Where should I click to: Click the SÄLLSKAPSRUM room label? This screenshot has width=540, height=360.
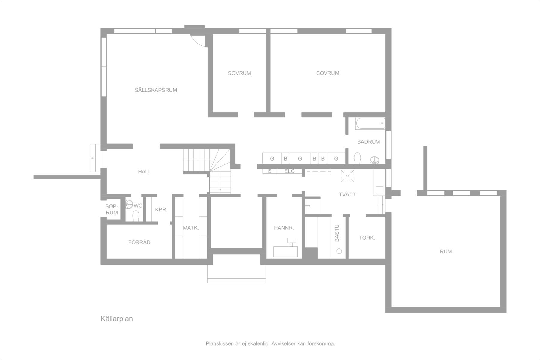click(x=156, y=90)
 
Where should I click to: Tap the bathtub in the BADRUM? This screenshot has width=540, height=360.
click(x=370, y=123)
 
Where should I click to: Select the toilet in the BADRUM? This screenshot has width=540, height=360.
click(x=357, y=158)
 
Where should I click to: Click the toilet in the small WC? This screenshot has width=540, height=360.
click(x=136, y=216)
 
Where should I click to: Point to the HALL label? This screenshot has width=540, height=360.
click(x=145, y=172)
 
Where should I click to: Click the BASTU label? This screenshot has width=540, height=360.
click(x=337, y=233)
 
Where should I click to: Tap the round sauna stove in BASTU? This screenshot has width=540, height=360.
click(x=339, y=251)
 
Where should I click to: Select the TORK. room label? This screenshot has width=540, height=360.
click(x=367, y=238)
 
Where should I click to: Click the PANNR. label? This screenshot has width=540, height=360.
click(x=284, y=228)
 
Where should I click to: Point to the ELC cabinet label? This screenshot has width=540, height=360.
click(x=289, y=171)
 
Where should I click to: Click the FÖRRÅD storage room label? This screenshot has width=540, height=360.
click(x=139, y=242)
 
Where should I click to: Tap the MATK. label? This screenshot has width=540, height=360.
click(x=191, y=228)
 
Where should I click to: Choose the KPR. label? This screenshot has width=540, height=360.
click(x=161, y=210)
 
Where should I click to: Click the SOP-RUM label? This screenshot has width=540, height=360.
click(x=112, y=210)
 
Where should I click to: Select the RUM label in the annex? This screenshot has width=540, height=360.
click(x=446, y=252)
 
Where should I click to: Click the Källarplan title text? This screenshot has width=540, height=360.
click(x=117, y=319)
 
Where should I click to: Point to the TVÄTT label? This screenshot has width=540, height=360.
click(x=347, y=195)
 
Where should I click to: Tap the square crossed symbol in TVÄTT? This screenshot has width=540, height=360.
click(x=347, y=176)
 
